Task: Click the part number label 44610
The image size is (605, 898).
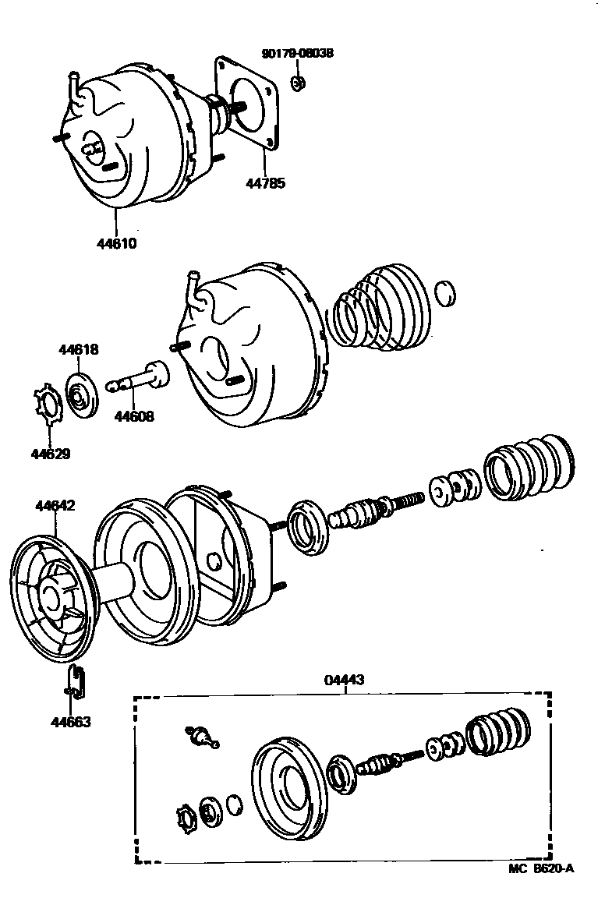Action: (117, 242)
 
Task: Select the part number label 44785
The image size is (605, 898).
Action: (266, 184)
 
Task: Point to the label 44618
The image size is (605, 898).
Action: (78, 350)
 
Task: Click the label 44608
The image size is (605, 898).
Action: (134, 416)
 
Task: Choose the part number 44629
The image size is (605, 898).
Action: (51, 454)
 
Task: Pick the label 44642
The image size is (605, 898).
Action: (55, 506)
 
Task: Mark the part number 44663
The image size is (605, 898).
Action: (70, 722)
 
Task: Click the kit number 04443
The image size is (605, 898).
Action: (344, 680)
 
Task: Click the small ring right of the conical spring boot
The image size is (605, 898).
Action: (444, 294)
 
